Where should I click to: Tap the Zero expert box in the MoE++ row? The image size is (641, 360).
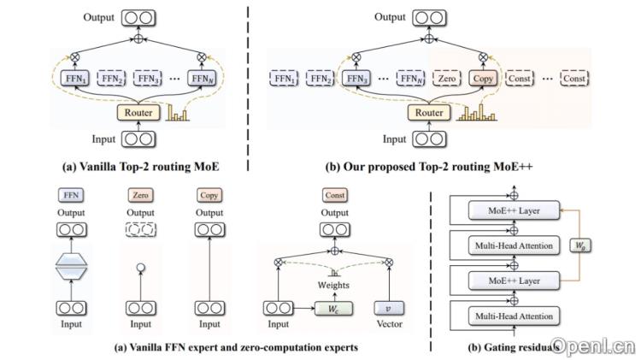point(446,79)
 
